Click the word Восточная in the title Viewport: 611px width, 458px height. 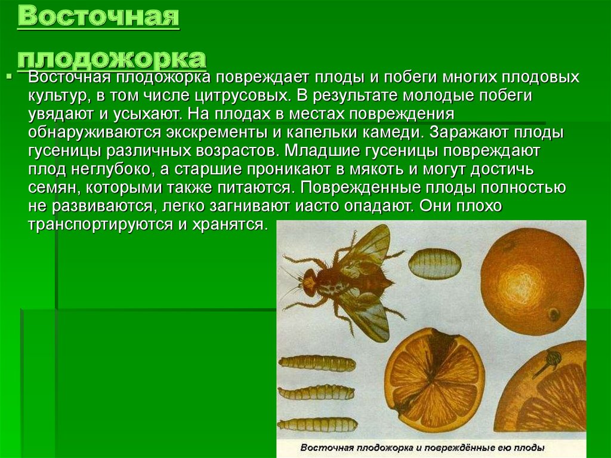pos(98,17)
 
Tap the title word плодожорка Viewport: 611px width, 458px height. pos(112,59)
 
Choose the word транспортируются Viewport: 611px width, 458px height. pos(100,225)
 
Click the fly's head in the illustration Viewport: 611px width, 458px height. pos(309,282)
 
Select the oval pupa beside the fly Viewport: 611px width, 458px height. pos(434,263)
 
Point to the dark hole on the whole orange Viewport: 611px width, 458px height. pos(553,313)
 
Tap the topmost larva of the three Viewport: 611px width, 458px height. pos(317,364)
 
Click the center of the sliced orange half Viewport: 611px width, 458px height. pos(434,379)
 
